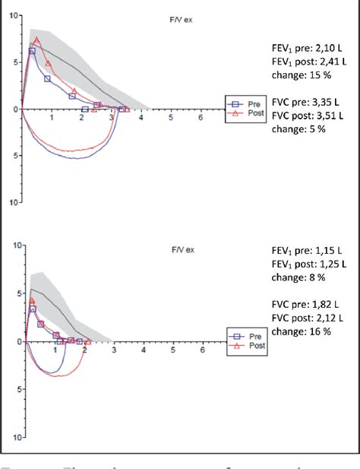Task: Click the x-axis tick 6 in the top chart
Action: click(201, 118)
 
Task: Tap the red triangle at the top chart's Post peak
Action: click(36, 41)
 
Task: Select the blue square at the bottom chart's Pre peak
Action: click(33, 309)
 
